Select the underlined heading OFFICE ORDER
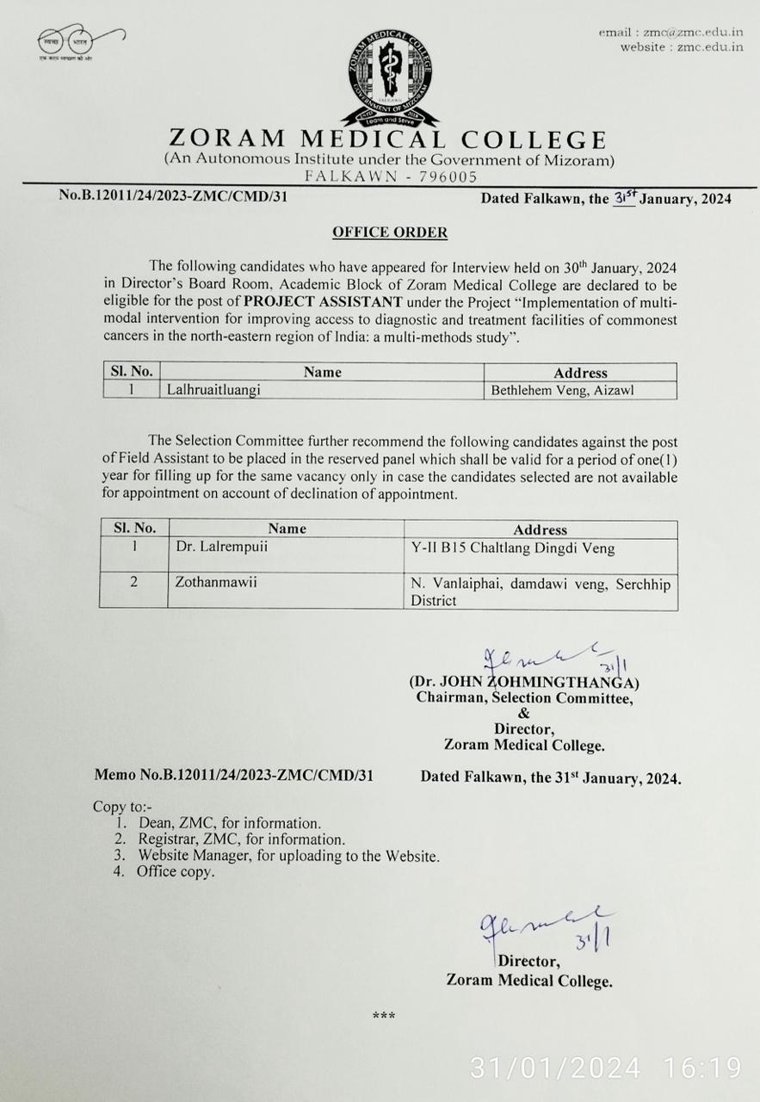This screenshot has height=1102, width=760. [390, 232]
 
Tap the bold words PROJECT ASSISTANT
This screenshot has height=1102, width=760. [323, 301]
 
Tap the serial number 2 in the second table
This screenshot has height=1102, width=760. [133, 583]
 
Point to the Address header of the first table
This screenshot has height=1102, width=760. [580, 372]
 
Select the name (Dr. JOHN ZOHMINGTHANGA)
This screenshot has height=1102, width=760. [524, 683]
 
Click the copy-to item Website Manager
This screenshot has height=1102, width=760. [288, 856]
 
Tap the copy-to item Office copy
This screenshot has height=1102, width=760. [176, 871]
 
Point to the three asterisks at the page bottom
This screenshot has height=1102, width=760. [384, 1017]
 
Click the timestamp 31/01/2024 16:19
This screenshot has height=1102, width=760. [605, 1068]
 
